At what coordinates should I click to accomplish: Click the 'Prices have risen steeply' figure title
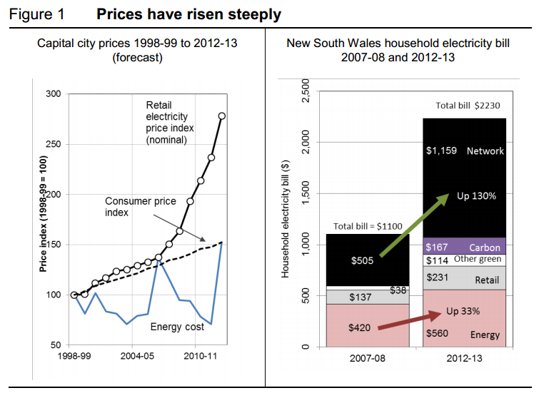coord(188,14)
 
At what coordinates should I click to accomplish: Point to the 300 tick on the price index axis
coord(54,94)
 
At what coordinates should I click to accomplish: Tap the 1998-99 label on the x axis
coord(73,354)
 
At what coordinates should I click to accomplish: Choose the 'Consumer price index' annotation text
coord(140,207)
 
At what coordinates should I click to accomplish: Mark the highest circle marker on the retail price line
coord(222,116)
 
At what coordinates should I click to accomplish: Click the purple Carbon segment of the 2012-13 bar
coord(464,246)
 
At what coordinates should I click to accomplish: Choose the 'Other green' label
coord(478,260)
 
